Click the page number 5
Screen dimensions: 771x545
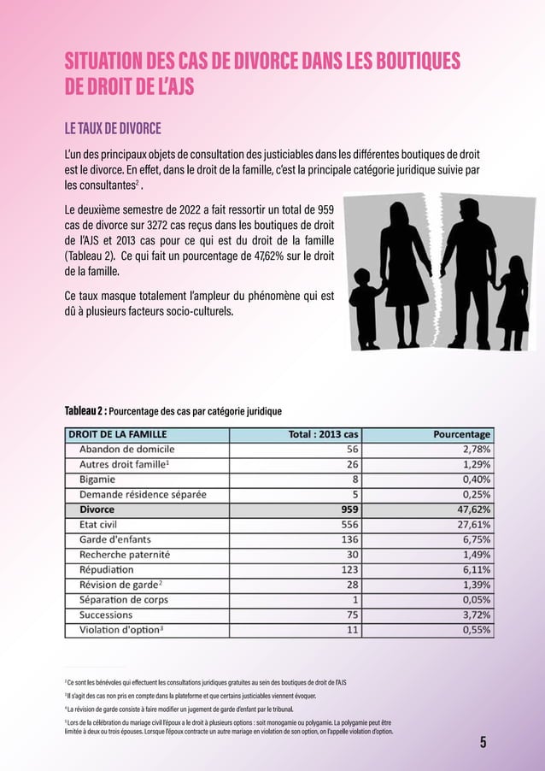pyautogui.click(x=483, y=741)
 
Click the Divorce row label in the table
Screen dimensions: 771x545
pyautogui.click(x=97, y=509)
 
